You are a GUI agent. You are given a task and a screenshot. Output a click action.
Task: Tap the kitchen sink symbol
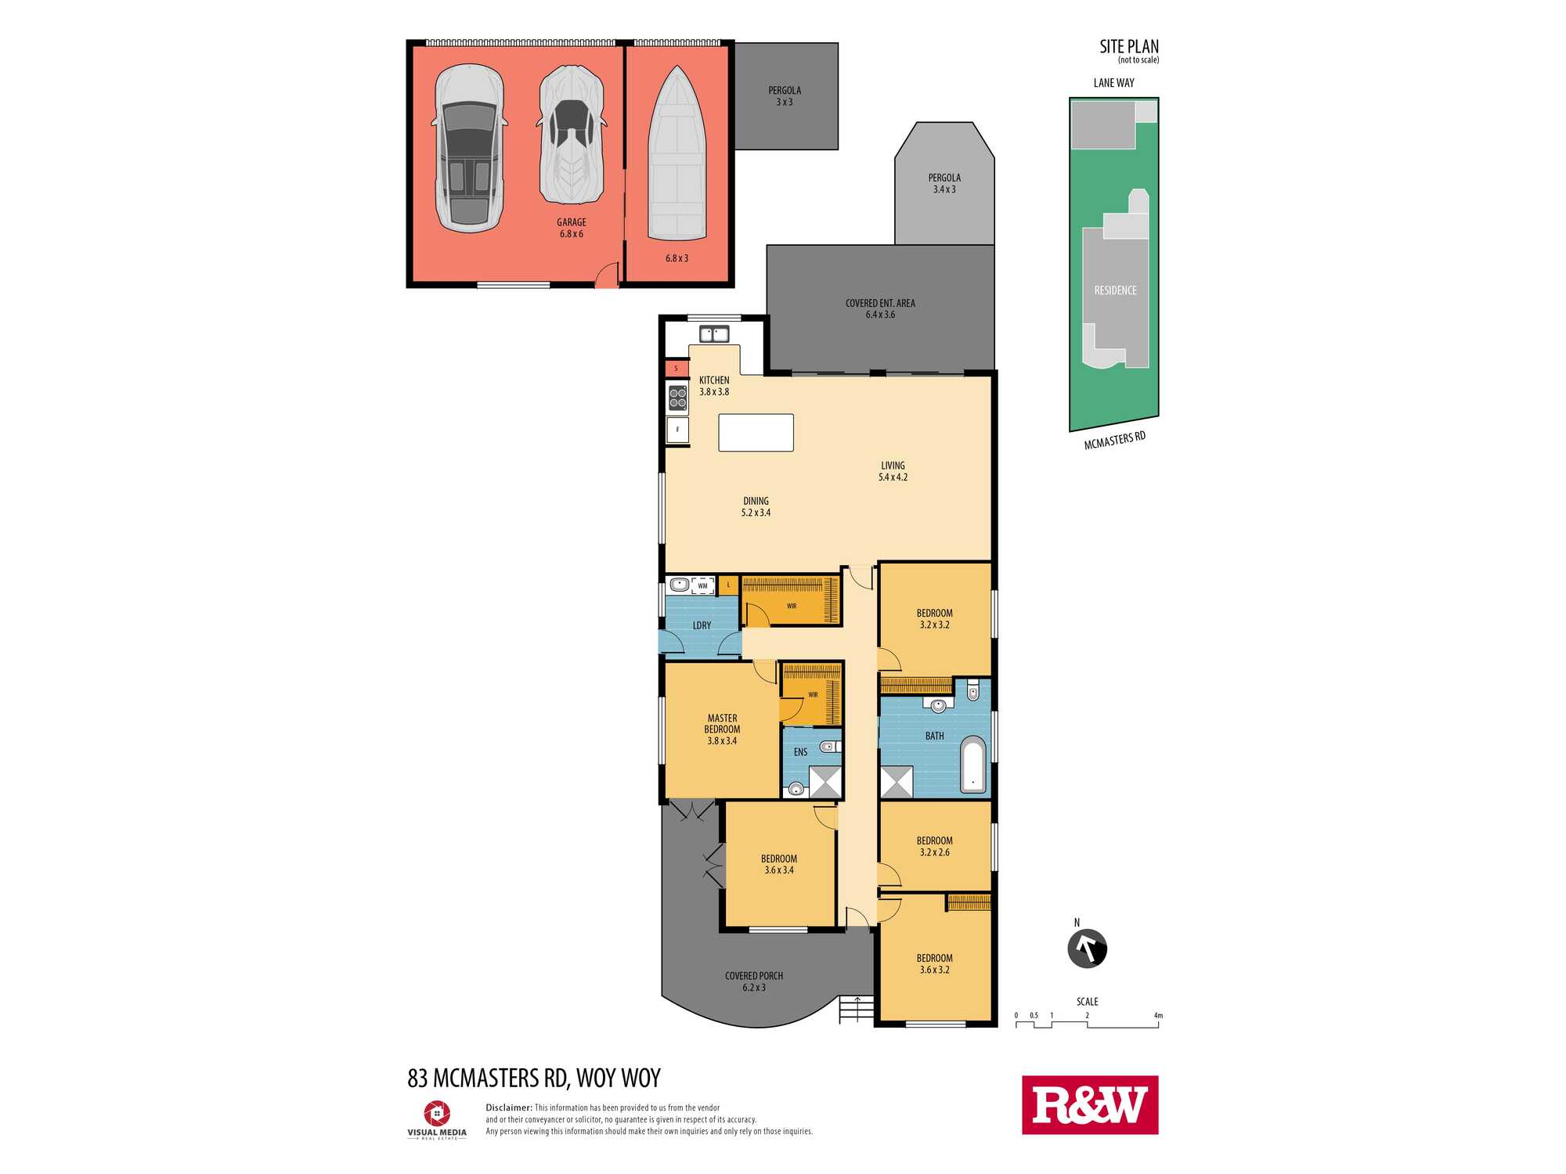[x=714, y=334]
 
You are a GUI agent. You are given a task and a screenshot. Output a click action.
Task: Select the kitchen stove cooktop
[x=678, y=397]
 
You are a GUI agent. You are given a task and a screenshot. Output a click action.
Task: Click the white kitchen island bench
[x=756, y=433]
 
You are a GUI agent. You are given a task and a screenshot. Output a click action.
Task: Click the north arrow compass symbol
[x=1087, y=949]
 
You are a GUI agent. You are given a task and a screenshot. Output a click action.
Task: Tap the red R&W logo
[x=1090, y=1105]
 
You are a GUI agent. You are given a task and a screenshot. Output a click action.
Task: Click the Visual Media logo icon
[x=437, y=1113]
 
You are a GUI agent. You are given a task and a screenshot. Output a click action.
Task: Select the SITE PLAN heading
[x=1129, y=47]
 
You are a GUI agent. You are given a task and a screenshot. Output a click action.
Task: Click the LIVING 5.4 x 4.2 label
[x=893, y=471]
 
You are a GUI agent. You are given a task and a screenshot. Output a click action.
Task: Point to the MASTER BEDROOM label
[x=722, y=723]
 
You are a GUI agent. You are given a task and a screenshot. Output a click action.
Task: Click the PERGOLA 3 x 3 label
[x=785, y=96]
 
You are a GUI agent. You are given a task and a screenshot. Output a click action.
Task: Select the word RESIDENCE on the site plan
[x=1115, y=290]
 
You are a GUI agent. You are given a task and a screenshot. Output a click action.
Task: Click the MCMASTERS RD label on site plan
[x=1114, y=441]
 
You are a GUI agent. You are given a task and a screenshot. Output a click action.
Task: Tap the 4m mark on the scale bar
[x=1158, y=1016]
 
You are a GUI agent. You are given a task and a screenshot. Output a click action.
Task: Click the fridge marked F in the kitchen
[x=678, y=430]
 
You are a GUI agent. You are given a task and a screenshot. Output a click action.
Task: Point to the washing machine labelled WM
[x=702, y=585]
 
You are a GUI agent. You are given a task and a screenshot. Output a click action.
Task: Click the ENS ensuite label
[x=800, y=752]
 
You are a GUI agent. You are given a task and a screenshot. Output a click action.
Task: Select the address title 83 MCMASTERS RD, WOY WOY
[x=534, y=1079]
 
